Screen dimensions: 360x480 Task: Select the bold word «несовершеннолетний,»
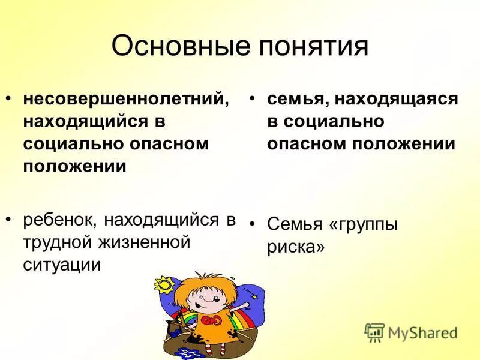click(126, 99)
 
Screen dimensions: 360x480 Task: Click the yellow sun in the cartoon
click(163, 284)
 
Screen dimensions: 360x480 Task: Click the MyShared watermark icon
click(374, 332)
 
